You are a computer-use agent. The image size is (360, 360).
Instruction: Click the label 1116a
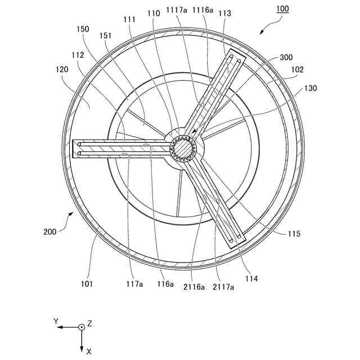coord(203,11)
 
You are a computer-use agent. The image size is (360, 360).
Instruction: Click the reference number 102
coord(298,70)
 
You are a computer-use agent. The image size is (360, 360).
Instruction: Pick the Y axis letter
coord(56,321)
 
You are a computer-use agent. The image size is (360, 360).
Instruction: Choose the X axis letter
coord(89,351)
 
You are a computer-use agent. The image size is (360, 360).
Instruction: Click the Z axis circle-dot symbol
coord(82,327)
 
